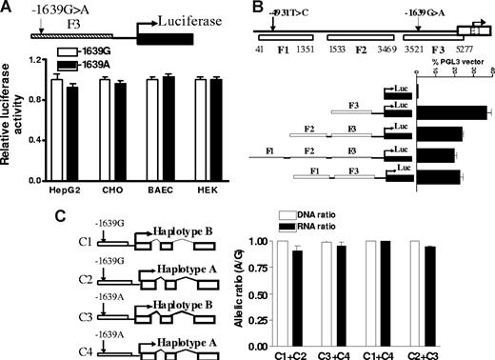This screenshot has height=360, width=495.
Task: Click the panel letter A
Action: (x=8, y=9)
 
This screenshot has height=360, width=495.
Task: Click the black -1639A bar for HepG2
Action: (x=71, y=122)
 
